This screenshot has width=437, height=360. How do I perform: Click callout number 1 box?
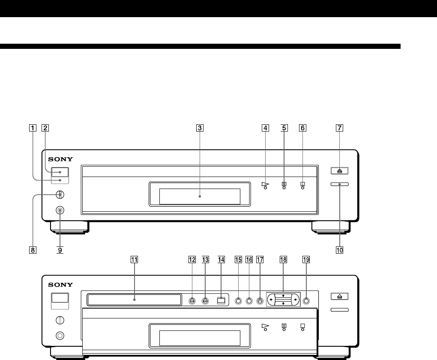tap(33, 128)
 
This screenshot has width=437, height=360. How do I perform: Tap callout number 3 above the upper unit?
tap(200, 128)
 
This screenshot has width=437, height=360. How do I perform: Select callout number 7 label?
tap(339, 128)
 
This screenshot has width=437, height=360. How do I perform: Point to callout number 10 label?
tap(339, 250)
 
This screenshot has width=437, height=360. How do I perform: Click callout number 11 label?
tap(135, 260)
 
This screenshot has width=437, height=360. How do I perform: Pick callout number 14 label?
tap(221, 260)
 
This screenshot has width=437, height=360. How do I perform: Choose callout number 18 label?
tap(283, 260)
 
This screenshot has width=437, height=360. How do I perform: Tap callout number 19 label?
tap(306, 260)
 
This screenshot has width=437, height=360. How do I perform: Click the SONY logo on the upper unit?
tap(60, 159)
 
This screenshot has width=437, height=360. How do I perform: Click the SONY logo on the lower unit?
tap(60, 285)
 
